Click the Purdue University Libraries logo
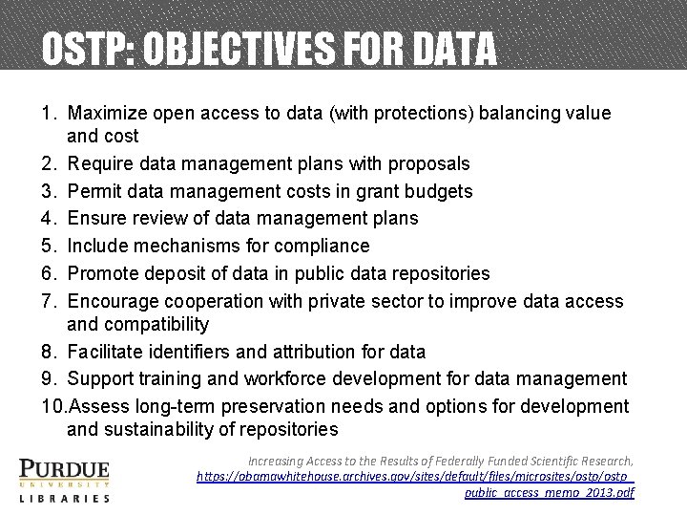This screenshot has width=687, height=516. (64, 480)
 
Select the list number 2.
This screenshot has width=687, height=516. (49, 163)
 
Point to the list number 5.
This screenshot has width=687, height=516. (49, 247)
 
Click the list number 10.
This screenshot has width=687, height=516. (52, 406)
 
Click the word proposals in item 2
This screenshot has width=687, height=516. (422, 163)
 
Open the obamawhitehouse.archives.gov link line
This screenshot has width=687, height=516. (416, 475)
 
